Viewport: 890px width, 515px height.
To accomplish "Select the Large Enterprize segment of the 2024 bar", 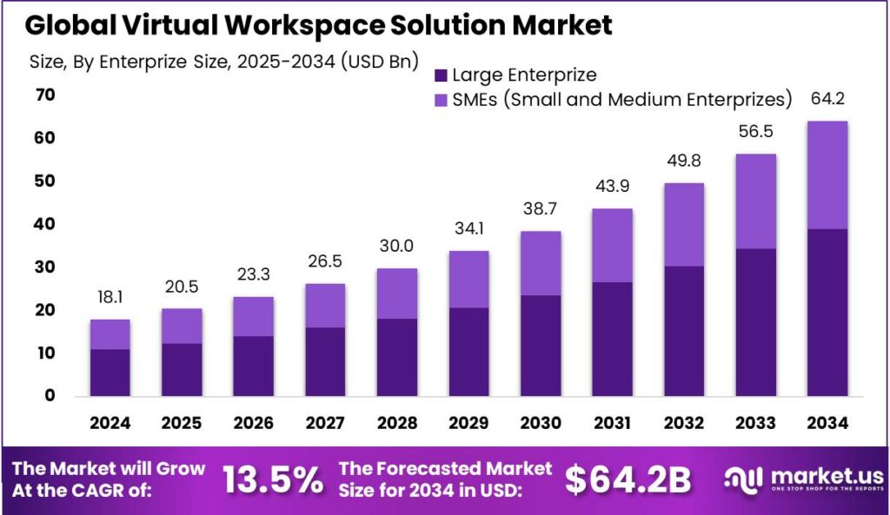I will (110, 372).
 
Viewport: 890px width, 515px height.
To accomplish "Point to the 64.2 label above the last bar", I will (827, 99).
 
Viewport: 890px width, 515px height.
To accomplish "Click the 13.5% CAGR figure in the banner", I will (272, 479).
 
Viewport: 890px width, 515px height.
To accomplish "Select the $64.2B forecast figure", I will (628, 479).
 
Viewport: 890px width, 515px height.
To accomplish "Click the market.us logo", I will (803, 479).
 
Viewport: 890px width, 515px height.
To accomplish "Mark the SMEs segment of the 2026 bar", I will (253, 316).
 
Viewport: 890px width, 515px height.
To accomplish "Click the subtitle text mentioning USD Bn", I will (224, 62).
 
